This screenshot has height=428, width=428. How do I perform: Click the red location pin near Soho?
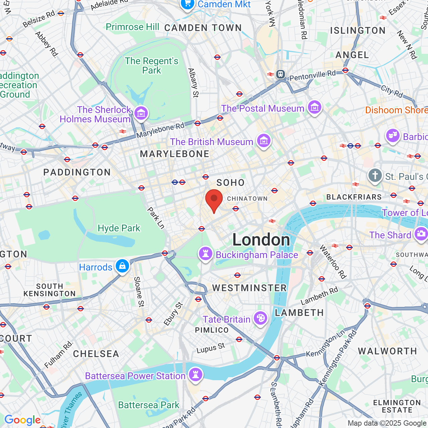[x=214, y=200]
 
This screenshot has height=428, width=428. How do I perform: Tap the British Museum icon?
[x=264, y=141]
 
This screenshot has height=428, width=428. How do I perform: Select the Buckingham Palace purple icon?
[x=206, y=254]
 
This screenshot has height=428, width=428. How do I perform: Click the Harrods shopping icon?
[x=122, y=266]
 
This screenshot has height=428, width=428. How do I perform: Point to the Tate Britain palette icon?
[x=260, y=318]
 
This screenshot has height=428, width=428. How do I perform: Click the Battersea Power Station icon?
[x=196, y=374]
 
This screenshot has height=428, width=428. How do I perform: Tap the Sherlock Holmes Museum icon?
[x=141, y=113]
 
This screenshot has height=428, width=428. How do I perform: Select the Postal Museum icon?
[x=314, y=107]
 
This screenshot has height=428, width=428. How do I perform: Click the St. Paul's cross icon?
[x=375, y=175]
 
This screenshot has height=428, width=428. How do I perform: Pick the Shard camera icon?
[x=421, y=234]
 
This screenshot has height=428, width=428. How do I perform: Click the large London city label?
[x=261, y=240]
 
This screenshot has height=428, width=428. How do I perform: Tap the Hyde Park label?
[x=119, y=228]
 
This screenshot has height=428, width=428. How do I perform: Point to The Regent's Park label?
[x=152, y=66]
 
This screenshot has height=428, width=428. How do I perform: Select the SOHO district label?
[x=231, y=183]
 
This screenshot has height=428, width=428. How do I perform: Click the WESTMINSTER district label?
[x=249, y=288]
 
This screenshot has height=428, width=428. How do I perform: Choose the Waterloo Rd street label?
[x=333, y=262]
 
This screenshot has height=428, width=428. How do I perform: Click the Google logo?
[x=22, y=420]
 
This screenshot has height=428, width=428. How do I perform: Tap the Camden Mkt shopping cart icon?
[x=187, y=4]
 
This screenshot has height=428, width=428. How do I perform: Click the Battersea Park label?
[x=149, y=405]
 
